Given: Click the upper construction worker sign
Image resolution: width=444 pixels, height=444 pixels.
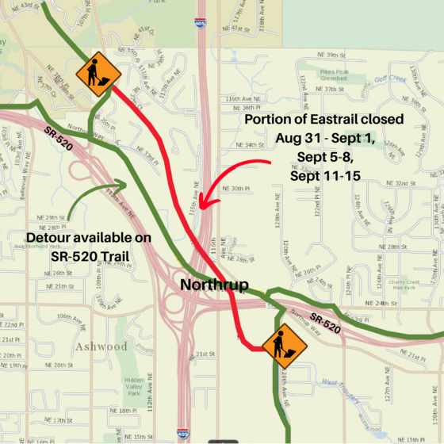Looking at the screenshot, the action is coord(98,74).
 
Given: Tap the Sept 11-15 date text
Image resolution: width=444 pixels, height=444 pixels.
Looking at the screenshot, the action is coord(325,174).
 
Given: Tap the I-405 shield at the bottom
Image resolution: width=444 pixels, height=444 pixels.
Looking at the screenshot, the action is coord(184,433).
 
